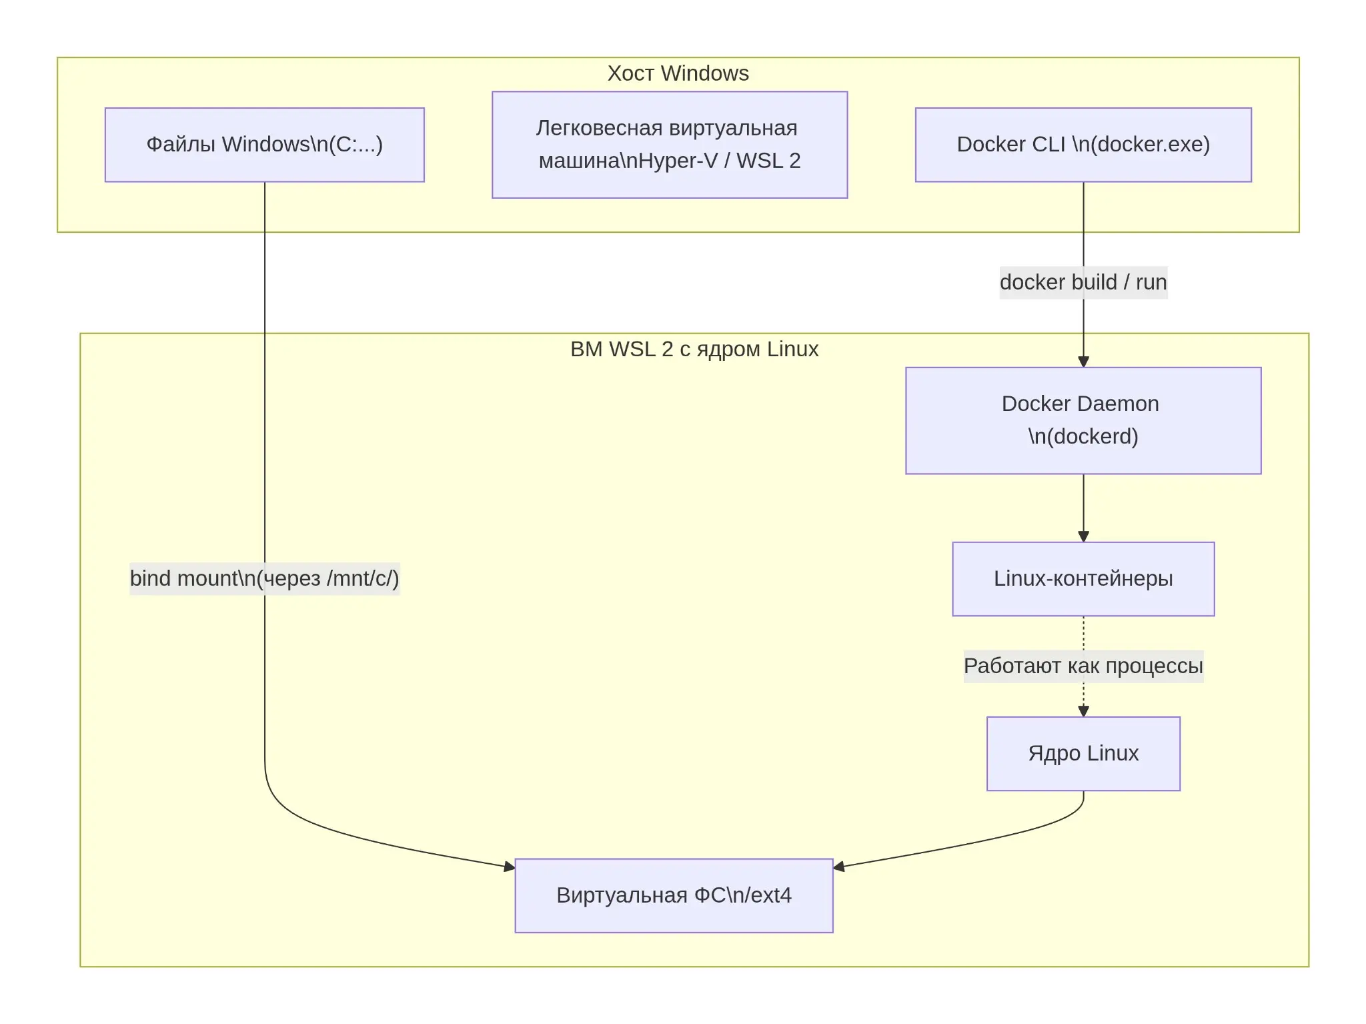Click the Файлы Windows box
pyautogui.click(x=265, y=145)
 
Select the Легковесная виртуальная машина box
pyautogui.click(x=670, y=145)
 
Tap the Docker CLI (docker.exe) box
pyautogui.click(x=1083, y=145)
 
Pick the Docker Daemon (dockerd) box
pyautogui.click(x=1083, y=420)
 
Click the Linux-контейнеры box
pyautogui.click(x=1083, y=579)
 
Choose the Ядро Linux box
pyautogui.click(x=1083, y=754)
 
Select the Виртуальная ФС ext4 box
pyautogui.click(x=674, y=895)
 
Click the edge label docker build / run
pyautogui.click(x=1083, y=282)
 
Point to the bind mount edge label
pyautogui.click(x=265, y=578)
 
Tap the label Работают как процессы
pyautogui.click(x=1083, y=666)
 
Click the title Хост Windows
pyautogui.click(x=678, y=73)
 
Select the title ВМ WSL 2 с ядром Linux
pyautogui.click(x=694, y=350)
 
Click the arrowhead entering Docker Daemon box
pyautogui.click(x=1083, y=362)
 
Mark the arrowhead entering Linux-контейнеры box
pyautogui.click(x=1083, y=537)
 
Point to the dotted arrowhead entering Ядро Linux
pyautogui.click(x=1083, y=712)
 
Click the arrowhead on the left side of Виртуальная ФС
pyautogui.click(x=510, y=867)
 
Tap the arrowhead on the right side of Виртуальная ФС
pyautogui.click(x=839, y=867)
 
